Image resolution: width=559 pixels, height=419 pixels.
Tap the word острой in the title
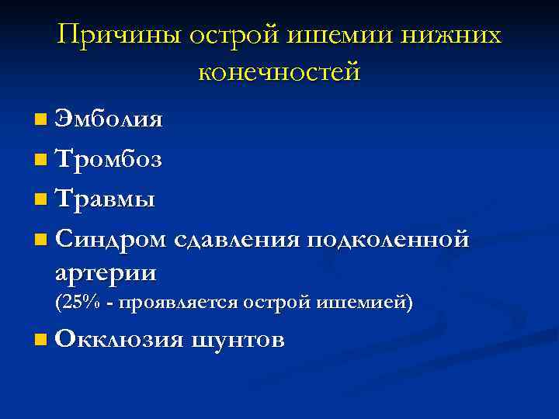(x=247, y=36)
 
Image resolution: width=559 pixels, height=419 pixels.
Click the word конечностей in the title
(x=279, y=73)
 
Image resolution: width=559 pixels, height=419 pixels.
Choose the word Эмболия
(x=109, y=119)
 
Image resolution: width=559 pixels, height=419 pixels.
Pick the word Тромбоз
(x=108, y=160)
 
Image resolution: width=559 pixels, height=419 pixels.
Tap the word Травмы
(x=105, y=200)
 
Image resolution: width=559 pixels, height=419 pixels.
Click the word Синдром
(x=110, y=241)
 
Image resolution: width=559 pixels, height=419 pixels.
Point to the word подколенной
(x=387, y=241)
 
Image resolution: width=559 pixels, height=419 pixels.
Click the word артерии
(x=105, y=273)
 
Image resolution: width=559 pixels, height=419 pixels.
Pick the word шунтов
(x=237, y=340)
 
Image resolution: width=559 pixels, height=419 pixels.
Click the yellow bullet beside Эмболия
(x=40, y=121)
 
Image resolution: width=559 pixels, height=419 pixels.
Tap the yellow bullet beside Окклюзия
(x=40, y=341)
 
